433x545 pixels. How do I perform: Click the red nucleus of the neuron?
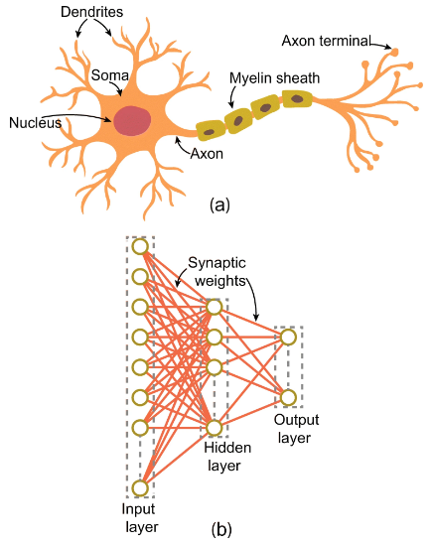tap(132, 120)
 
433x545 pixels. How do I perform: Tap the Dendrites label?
tap(91, 12)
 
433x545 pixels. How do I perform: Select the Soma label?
tap(110, 75)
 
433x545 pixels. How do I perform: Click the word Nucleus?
tap(35, 123)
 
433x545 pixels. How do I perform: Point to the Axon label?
tap(207, 154)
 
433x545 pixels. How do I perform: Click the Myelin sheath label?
tap(274, 78)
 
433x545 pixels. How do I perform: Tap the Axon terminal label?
tap(327, 41)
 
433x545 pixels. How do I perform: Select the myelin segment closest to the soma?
tap(211, 131)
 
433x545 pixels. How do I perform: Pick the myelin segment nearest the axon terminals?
tap(297, 98)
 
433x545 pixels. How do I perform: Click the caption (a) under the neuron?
tap(219, 204)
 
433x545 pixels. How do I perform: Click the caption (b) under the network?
tap(221, 530)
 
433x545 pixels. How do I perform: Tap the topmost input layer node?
tap(140, 246)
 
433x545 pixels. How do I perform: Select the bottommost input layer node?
tap(140, 488)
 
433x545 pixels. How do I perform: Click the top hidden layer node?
tap(215, 307)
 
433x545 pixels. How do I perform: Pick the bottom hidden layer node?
tap(215, 428)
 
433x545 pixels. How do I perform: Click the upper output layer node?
tap(288, 338)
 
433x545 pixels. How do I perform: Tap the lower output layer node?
tap(288, 398)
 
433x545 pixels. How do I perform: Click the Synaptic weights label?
tap(217, 272)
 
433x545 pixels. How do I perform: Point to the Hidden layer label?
tap(227, 457)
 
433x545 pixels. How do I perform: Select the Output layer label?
tap(296, 428)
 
